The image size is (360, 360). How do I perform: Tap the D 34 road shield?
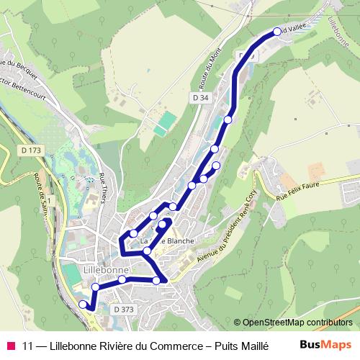[200, 96]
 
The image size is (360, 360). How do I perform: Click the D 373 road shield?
[123, 309]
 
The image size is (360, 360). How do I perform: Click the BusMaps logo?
[325, 344]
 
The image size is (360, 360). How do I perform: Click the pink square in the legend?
[10, 345]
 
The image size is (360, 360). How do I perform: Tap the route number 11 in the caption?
[28, 345]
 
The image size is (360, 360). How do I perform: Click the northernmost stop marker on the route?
[278, 32]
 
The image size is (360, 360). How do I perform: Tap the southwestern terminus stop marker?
[82, 305]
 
